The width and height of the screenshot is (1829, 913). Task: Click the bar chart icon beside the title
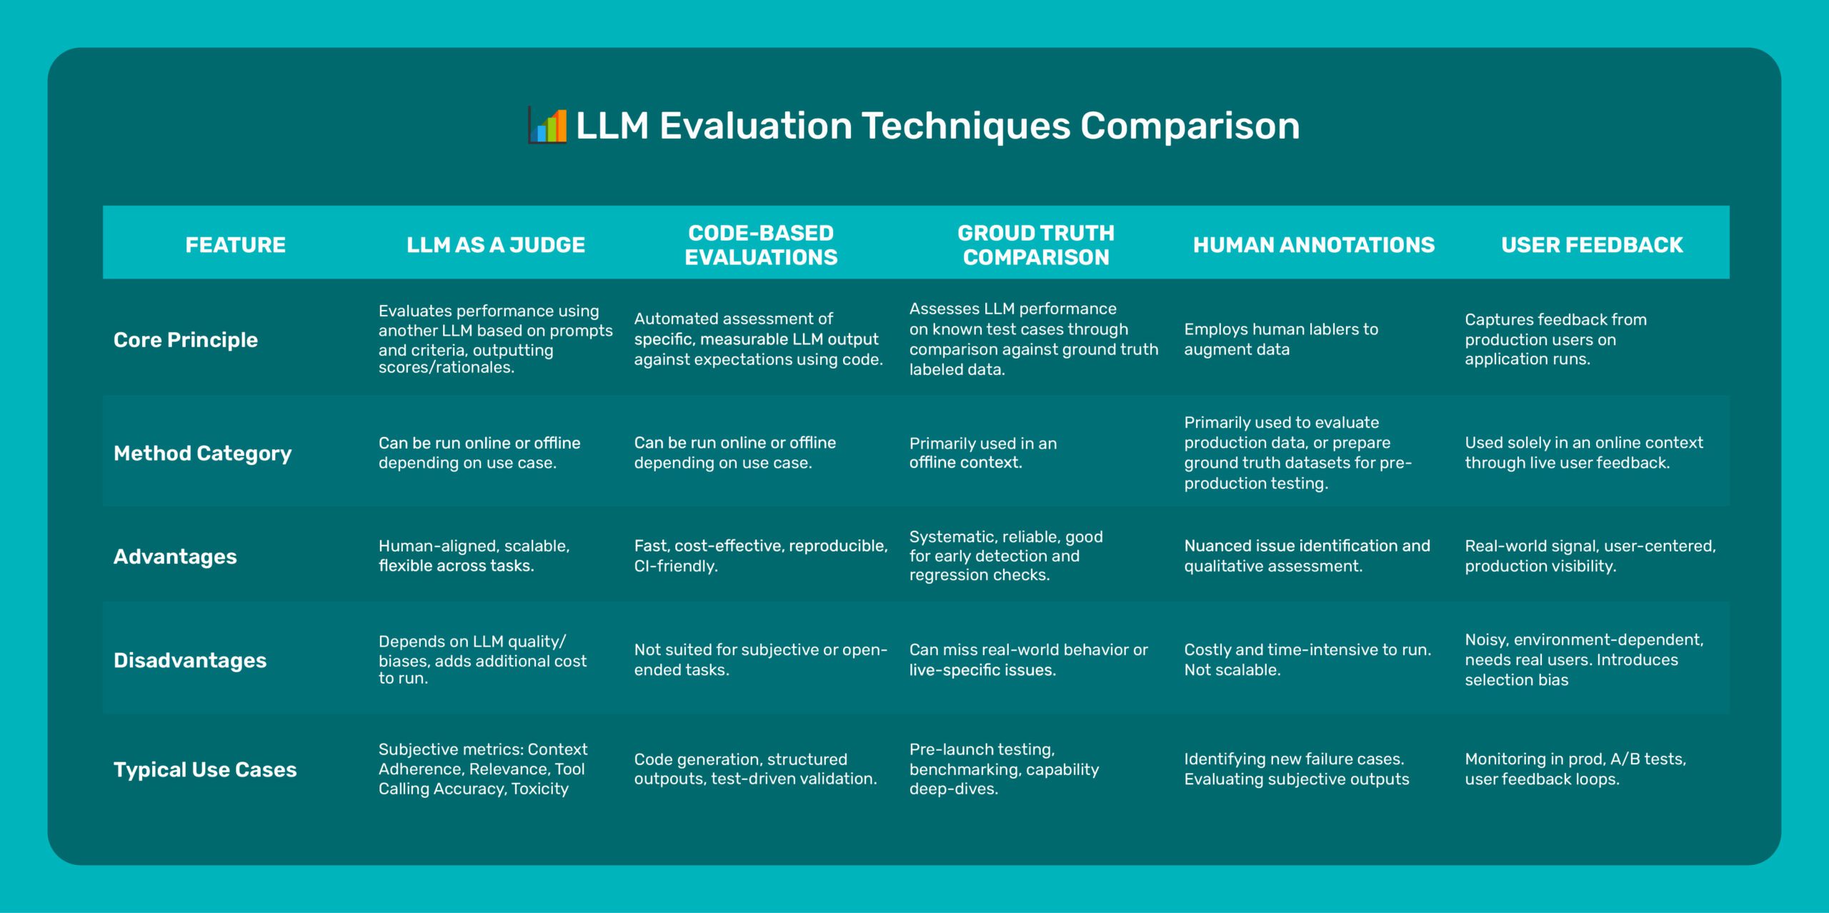(x=548, y=126)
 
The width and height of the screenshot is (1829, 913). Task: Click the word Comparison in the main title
(x=1189, y=126)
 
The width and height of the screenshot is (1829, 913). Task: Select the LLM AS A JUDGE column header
(x=495, y=245)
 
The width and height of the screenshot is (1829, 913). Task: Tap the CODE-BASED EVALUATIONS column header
(x=761, y=245)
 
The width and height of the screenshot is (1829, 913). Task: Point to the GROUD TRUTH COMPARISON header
(x=1035, y=245)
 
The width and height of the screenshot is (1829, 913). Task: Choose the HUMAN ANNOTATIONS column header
(x=1313, y=245)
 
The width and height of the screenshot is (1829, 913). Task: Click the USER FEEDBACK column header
(x=1591, y=245)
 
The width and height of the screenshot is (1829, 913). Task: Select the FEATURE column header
(x=235, y=245)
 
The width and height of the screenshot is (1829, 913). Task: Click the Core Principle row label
(x=186, y=340)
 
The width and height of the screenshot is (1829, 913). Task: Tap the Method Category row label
(x=202, y=454)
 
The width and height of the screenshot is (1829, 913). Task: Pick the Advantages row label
(x=175, y=557)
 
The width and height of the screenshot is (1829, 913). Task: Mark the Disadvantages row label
(x=190, y=660)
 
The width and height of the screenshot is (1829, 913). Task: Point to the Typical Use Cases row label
(x=205, y=769)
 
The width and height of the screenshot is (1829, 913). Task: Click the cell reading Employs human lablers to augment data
(x=1280, y=339)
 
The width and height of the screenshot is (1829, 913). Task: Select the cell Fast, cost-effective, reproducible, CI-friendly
(x=760, y=556)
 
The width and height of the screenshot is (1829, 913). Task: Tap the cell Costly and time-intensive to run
(x=1307, y=659)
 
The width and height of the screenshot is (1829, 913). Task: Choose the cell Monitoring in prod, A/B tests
(x=1575, y=769)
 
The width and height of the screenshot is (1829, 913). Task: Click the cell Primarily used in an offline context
(x=982, y=453)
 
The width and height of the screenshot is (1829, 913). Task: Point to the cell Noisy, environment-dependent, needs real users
(x=1583, y=659)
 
